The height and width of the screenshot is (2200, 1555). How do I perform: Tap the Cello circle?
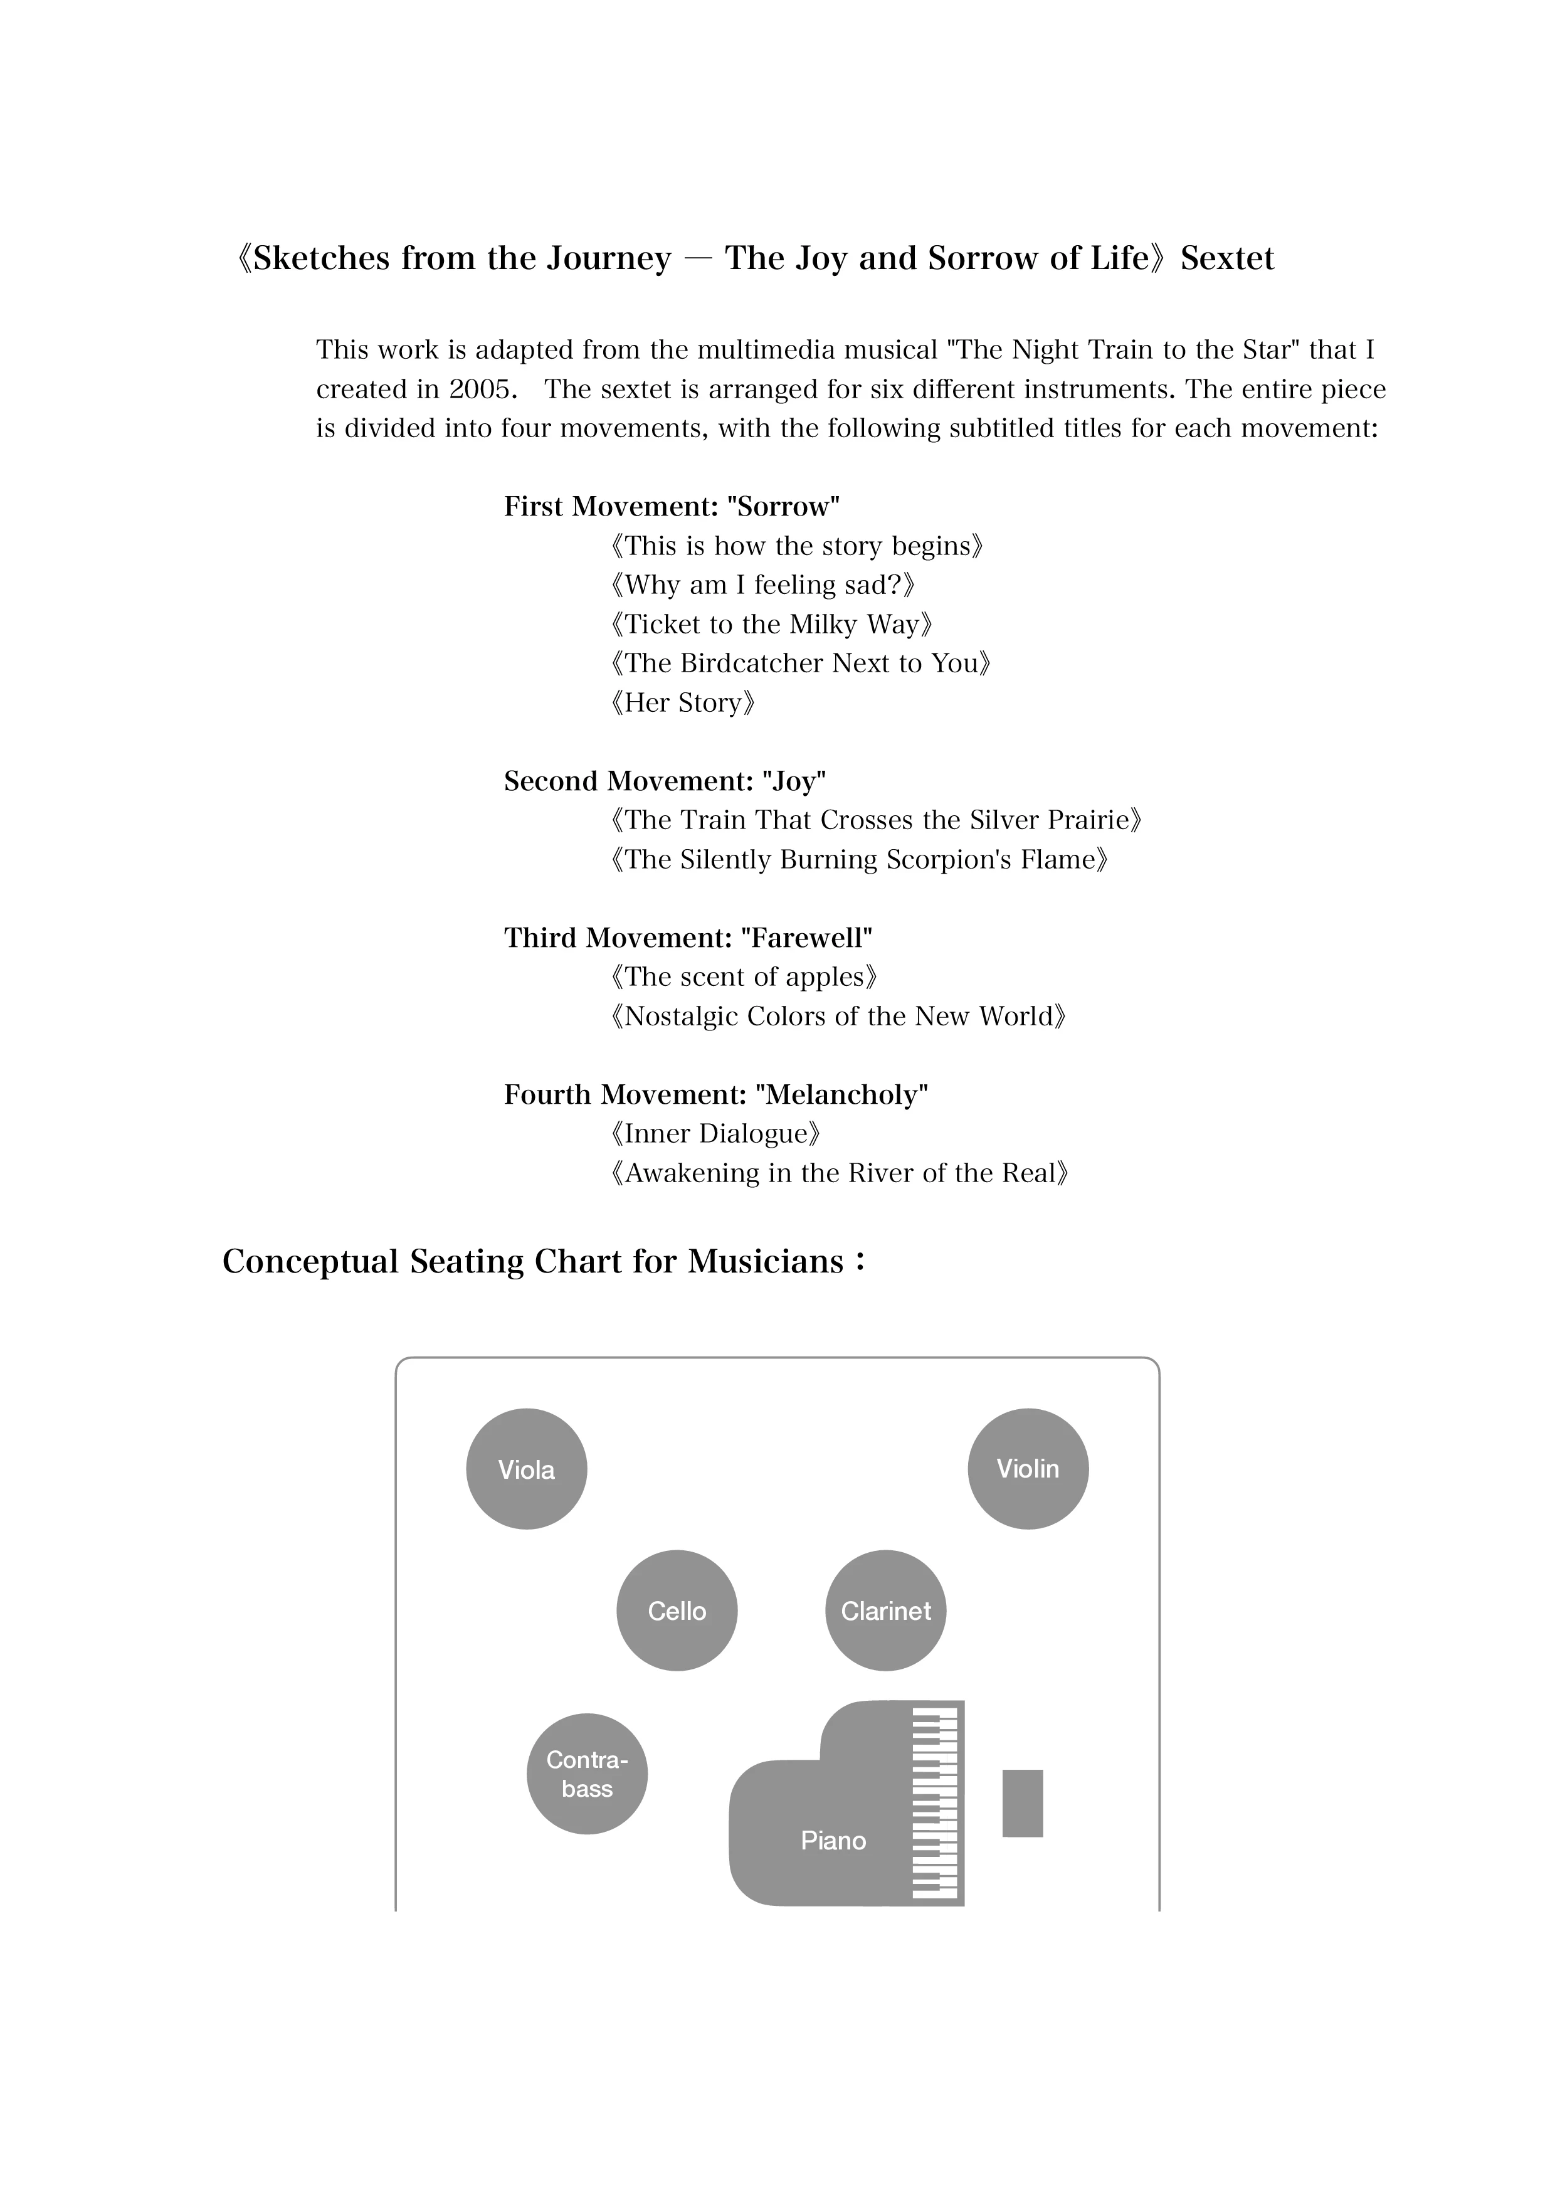point(677,1610)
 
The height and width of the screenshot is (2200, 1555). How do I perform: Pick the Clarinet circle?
point(885,1610)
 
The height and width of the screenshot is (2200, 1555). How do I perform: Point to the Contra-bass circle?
point(588,1774)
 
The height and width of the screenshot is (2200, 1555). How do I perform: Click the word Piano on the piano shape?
point(833,1841)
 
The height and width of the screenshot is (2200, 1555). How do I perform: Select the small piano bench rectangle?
point(1022,1802)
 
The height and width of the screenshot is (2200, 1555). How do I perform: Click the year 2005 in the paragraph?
point(483,389)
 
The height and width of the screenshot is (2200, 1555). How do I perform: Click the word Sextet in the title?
point(1227,259)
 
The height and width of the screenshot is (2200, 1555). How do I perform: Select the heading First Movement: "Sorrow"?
point(672,506)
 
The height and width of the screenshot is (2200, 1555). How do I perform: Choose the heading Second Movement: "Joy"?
point(665,781)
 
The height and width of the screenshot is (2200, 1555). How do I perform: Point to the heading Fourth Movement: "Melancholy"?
point(715,1094)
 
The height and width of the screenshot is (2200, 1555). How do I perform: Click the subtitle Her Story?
point(683,702)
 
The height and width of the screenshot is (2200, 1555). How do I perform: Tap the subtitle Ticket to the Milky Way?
point(771,624)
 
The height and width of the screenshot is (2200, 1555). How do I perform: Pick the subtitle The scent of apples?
point(744,976)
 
